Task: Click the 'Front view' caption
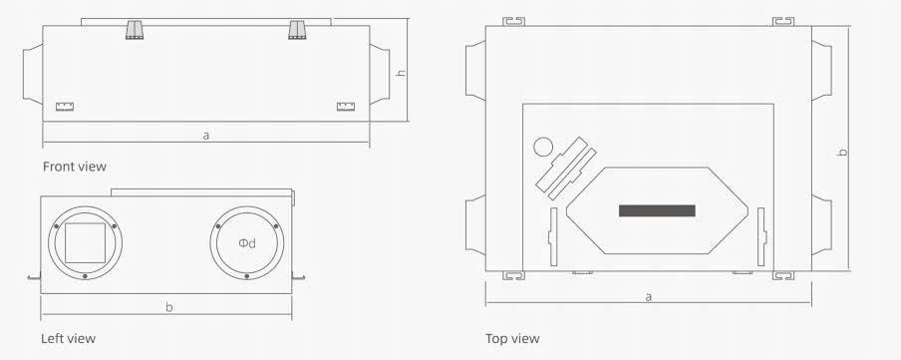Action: [x=75, y=167]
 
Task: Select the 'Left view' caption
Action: [x=68, y=338]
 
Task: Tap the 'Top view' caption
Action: [x=512, y=338]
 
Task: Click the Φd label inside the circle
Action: [x=247, y=243]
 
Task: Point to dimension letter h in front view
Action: [x=402, y=73]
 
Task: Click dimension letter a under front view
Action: [x=205, y=136]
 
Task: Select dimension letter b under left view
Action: [x=169, y=307]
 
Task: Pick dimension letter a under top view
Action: [x=649, y=297]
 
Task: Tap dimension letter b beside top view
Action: [x=842, y=153]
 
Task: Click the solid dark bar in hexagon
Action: [x=657, y=210]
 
